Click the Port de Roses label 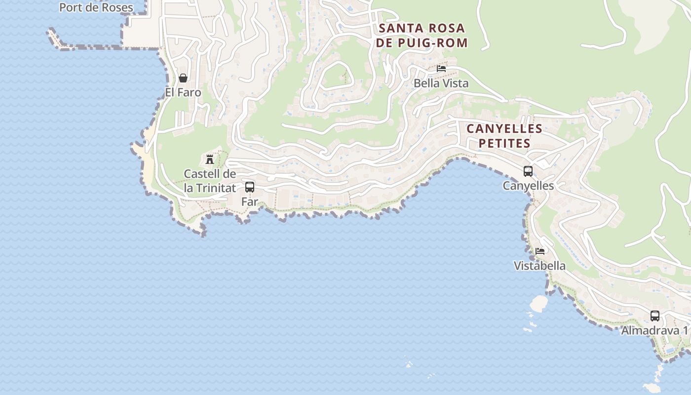coord(96,7)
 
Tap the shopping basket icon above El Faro coord(183,78)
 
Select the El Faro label coord(183,92)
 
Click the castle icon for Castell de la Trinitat coord(210,159)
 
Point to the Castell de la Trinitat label coord(210,181)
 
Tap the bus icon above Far coord(250,187)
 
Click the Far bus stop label coord(250,201)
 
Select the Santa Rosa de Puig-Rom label coord(422,35)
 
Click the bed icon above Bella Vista coord(441,69)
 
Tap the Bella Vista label coord(441,83)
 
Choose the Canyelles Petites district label coord(504,136)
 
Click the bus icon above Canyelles coord(528,171)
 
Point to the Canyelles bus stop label coord(528,186)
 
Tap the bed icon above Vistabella coord(540,251)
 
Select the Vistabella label coord(540,266)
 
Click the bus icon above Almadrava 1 coord(655,316)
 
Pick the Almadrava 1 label coord(654,331)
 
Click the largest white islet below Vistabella coord(538,303)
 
